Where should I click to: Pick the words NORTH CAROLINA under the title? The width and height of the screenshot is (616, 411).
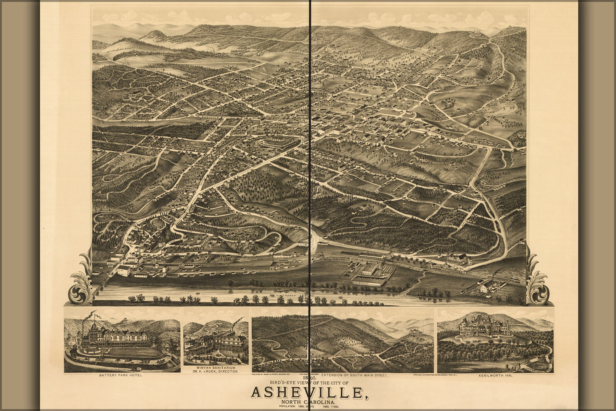[x=308, y=402]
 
